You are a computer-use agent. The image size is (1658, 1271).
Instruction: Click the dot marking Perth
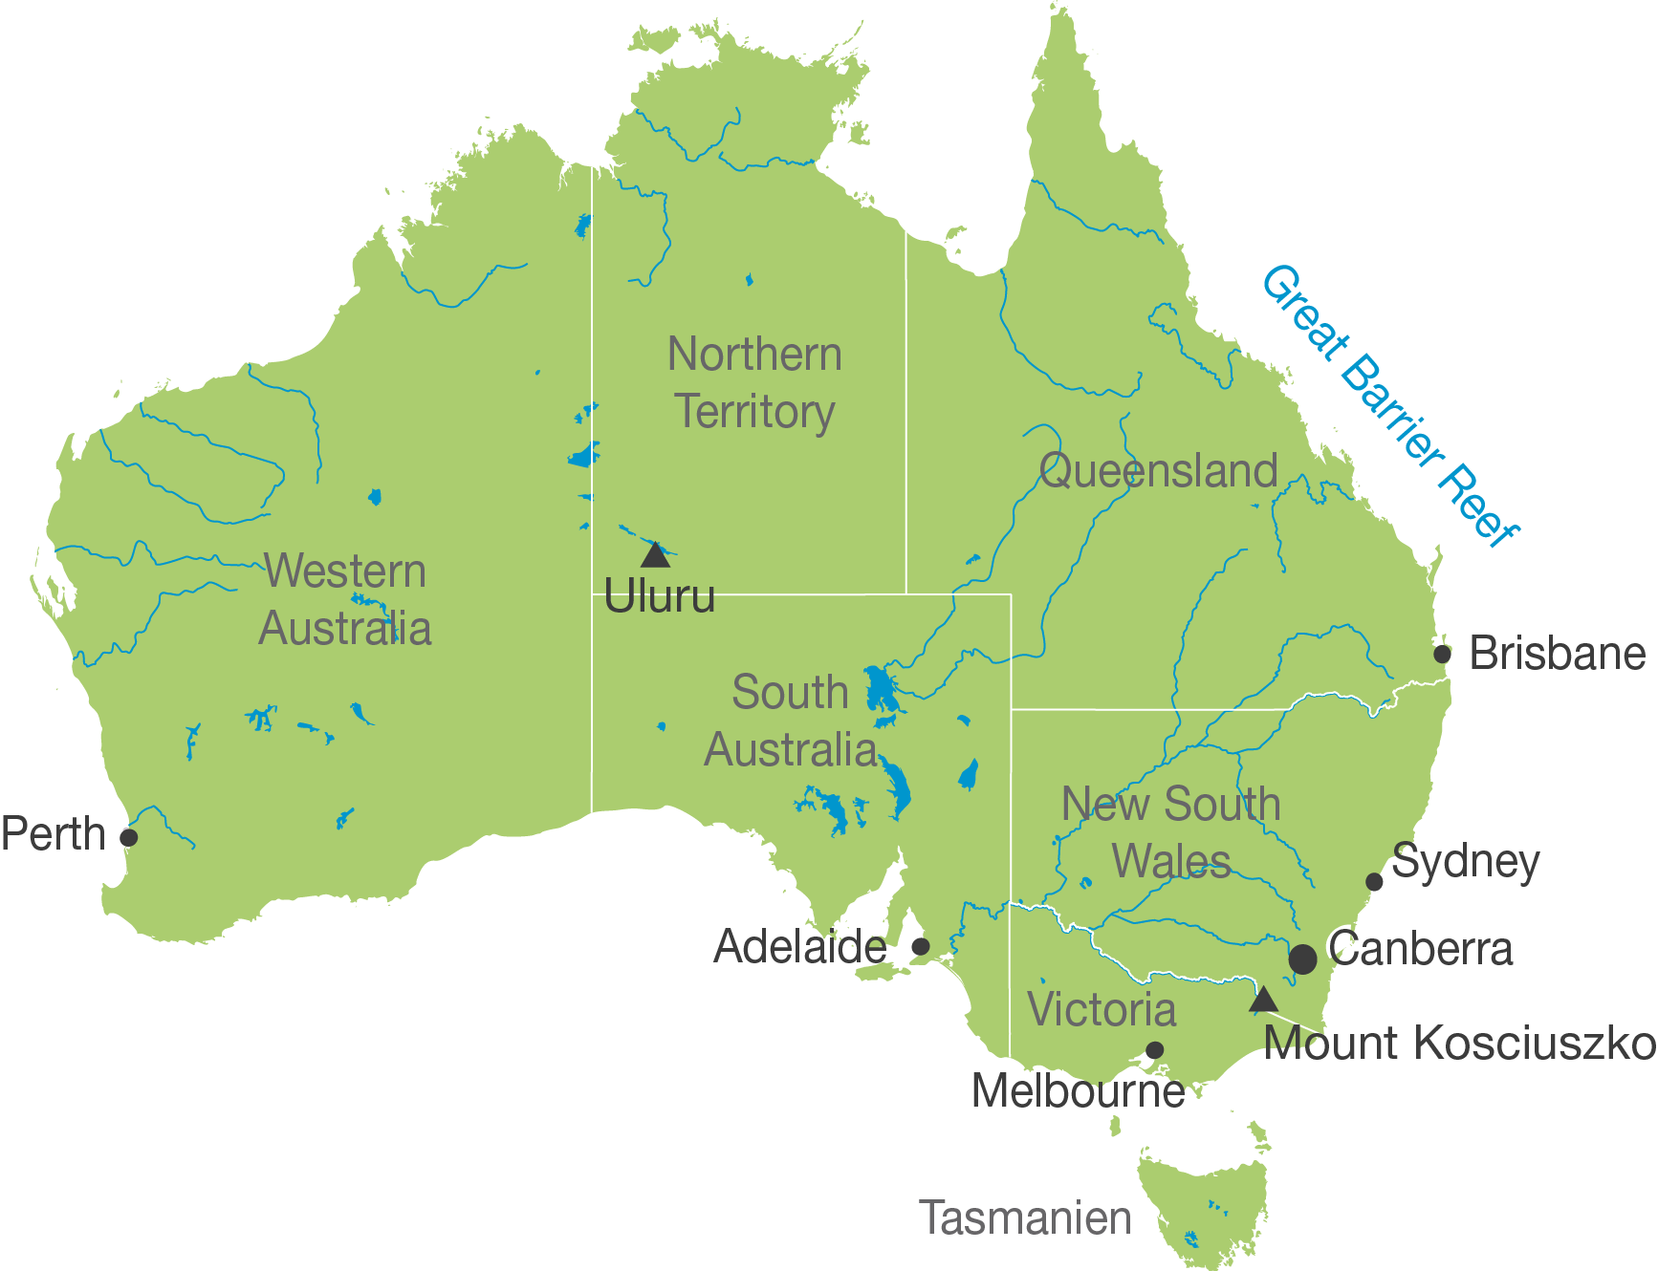click(x=129, y=837)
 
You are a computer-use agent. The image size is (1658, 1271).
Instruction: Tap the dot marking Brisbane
click(x=1442, y=654)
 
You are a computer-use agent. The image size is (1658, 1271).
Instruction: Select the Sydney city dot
click(x=1374, y=881)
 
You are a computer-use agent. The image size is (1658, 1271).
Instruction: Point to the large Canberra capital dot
click(x=1302, y=959)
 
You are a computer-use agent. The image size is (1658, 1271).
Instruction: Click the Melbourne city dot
click(x=1154, y=1050)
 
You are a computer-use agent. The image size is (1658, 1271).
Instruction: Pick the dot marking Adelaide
click(x=920, y=946)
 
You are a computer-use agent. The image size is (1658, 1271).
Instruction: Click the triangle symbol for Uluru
click(x=655, y=555)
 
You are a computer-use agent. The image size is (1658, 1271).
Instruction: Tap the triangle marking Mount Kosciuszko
click(x=1263, y=1000)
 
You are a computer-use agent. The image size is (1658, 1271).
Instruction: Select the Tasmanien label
click(x=1025, y=1218)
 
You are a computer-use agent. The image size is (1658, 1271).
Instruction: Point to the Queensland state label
click(x=1158, y=471)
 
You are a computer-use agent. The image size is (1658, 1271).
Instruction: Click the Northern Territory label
click(x=754, y=383)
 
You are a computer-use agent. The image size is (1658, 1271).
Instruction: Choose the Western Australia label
click(x=345, y=600)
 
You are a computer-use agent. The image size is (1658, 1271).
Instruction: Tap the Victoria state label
click(x=1101, y=1010)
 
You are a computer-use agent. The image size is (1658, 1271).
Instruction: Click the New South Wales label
click(x=1171, y=832)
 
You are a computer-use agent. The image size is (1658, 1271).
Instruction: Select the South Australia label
click(x=791, y=722)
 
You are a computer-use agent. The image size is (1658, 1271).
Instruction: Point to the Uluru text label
click(x=660, y=597)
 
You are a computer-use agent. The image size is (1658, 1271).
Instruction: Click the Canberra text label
click(x=1421, y=949)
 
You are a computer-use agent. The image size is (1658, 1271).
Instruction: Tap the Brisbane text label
click(x=1558, y=654)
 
